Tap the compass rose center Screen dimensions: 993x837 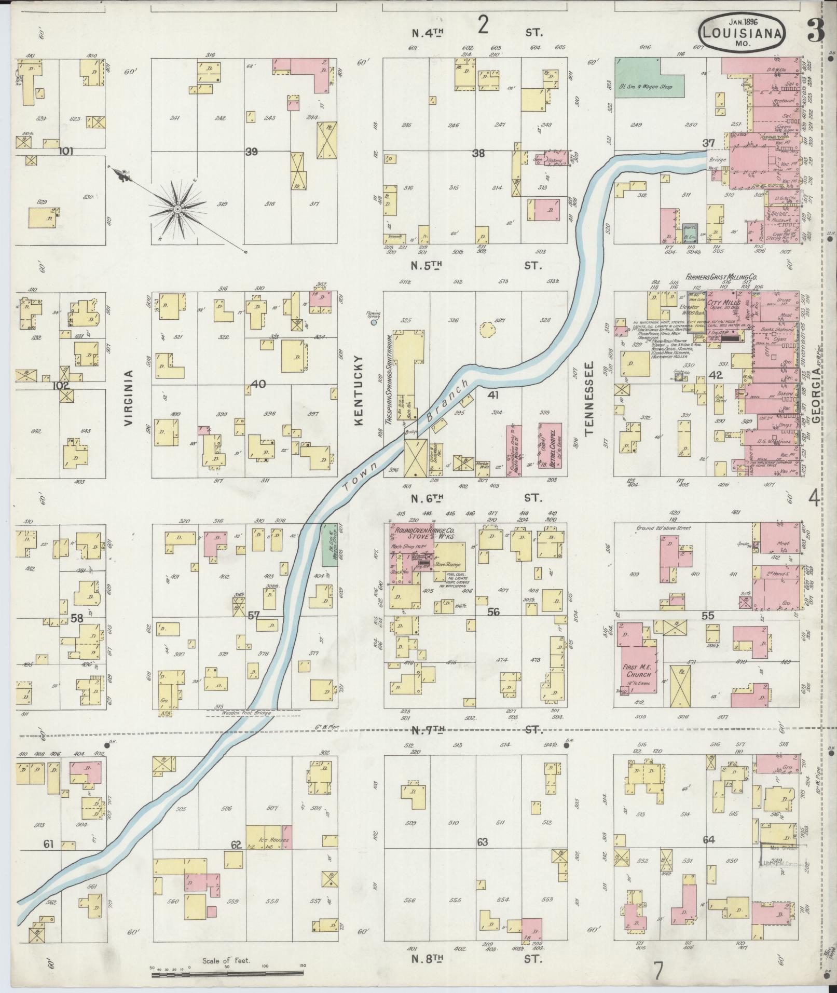coord(177,209)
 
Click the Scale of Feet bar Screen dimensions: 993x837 coord(228,974)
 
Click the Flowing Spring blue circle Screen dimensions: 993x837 coord(374,323)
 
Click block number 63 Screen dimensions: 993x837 coord(483,841)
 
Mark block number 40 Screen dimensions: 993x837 coord(258,384)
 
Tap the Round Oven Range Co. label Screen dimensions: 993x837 coord(425,532)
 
